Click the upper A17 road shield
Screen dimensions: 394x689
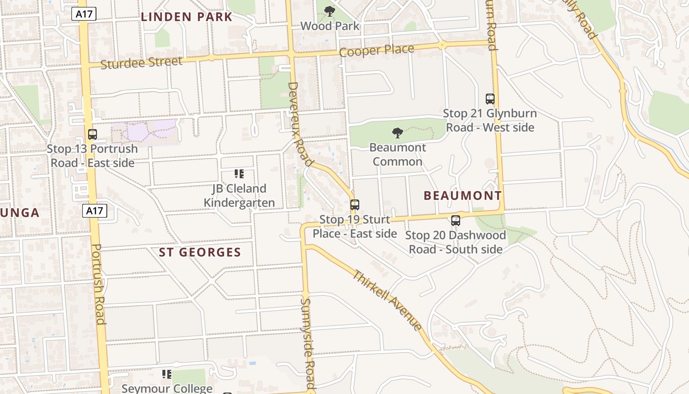coord(84,14)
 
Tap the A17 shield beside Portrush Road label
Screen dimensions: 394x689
coord(94,211)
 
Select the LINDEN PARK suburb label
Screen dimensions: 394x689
coord(187,17)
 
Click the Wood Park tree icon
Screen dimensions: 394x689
coord(330,11)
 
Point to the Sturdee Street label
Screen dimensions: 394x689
coord(141,63)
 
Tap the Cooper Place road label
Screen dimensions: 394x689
coord(376,50)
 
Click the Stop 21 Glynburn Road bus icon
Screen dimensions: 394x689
coord(490,98)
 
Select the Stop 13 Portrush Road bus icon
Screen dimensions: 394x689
coord(92,134)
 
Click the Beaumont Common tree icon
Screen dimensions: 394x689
coord(397,133)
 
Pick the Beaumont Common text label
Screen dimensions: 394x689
coord(397,154)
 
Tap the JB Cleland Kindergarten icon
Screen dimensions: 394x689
coord(239,174)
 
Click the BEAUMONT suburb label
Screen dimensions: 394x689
coord(463,196)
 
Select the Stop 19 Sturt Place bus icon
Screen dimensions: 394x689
coord(354,205)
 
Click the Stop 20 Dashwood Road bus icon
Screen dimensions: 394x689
coord(456,221)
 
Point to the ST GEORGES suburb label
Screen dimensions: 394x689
coord(200,253)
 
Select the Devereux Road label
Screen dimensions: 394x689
coord(300,124)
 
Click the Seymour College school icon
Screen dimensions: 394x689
coord(167,374)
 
